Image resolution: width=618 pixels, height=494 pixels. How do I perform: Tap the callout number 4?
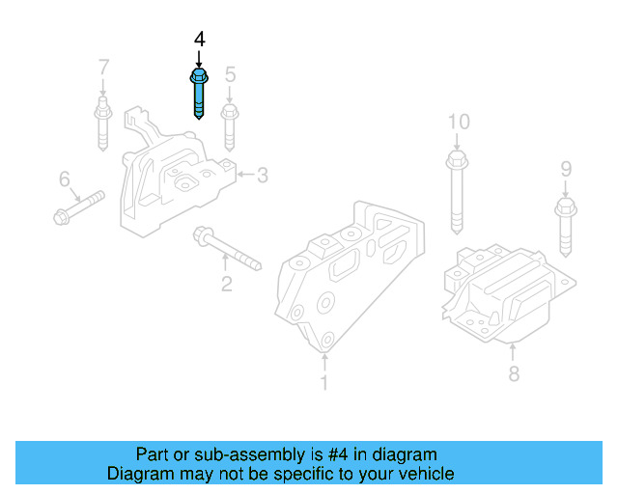tap(199, 40)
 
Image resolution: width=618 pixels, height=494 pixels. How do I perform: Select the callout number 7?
tap(103, 69)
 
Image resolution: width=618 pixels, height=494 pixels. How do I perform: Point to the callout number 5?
tap(230, 74)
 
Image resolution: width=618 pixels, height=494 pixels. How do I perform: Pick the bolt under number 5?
tap(230, 124)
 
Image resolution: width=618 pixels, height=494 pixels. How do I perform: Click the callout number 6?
tap(65, 178)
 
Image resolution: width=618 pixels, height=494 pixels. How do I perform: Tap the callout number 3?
tap(262, 175)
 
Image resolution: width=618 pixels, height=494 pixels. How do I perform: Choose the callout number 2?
tap(226, 284)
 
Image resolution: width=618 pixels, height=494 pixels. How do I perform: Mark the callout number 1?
tap(324, 383)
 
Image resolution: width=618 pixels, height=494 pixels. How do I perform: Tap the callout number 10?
tap(458, 122)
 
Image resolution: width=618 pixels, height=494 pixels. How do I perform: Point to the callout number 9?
tap(566, 170)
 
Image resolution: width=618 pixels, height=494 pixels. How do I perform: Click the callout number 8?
tap(514, 372)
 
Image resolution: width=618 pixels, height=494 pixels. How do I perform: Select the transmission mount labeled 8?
tap(507, 294)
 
